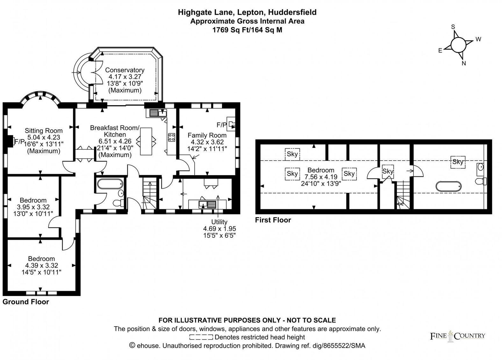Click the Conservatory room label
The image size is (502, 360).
point(125,70)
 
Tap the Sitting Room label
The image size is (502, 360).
point(44,131)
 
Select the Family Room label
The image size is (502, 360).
point(207,135)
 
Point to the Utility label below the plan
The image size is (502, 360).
point(219,222)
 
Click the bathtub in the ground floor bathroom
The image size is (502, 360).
point(109,184)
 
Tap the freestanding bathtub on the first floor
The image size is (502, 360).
point(448,186)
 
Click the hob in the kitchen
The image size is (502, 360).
point(171,137)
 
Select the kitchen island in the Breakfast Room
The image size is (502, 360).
point(146,141)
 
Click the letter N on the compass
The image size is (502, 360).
point(464,63)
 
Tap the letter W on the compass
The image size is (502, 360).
point(478,39)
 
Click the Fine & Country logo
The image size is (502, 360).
point(457,336)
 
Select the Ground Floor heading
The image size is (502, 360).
point(26,302)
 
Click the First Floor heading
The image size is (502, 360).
point(273,220)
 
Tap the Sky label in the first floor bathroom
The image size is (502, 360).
point(458,162)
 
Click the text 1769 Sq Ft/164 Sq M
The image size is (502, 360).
point(247,30)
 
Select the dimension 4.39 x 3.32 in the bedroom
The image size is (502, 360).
point(41,265)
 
